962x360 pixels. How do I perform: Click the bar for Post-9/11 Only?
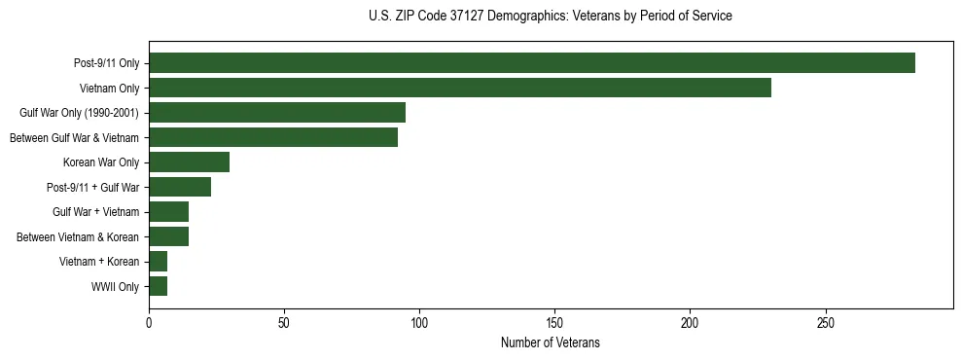click(x=532, y=63)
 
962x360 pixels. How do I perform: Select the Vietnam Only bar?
click(x=460, y=88)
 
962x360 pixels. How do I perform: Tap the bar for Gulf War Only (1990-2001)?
click(x=277, y=113)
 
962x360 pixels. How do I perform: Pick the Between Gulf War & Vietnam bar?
click(x=273, y=137)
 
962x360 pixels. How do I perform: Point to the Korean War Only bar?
click(x=190, y=162)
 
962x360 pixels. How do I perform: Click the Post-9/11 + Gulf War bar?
click(x=180, y=187)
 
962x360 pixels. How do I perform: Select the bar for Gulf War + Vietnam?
click(x=169, y=212)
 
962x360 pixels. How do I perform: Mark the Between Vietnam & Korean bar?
click(x=169, y=236)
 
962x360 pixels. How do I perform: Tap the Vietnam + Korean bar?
click(x=159, y=262)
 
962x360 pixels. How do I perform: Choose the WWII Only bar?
click(x=159, y=286)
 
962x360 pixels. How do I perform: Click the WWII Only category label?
click(x=115, y=287)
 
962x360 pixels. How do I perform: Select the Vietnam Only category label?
click(x=109, y=89)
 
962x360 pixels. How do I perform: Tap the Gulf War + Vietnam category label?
click(x=96, y=212)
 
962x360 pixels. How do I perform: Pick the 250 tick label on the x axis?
click(x=825, y=322)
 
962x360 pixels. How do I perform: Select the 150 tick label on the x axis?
click(x=554, y=322)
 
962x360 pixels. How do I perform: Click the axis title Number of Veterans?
click(x=551, y=343)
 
